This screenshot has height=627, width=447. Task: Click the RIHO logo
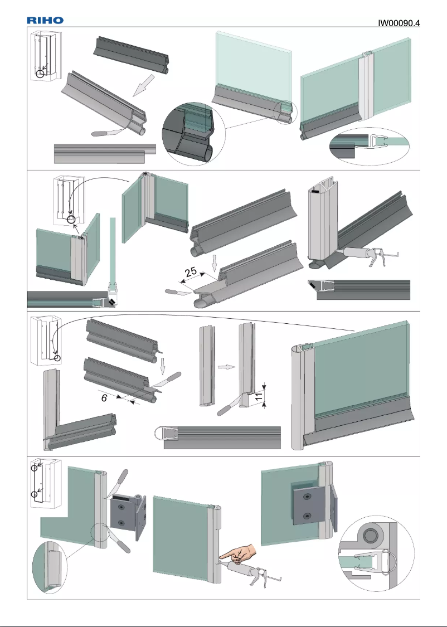[x=45, y=20]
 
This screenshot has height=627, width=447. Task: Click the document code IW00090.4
[x=399, y=23]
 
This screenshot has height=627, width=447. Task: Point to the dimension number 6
[x=104, y=398]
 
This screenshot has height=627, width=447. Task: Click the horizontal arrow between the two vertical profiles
[x=223, y=368]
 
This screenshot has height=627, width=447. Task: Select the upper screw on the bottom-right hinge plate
[x=306, y=495]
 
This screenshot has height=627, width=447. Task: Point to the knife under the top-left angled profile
[x=106, y=133]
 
